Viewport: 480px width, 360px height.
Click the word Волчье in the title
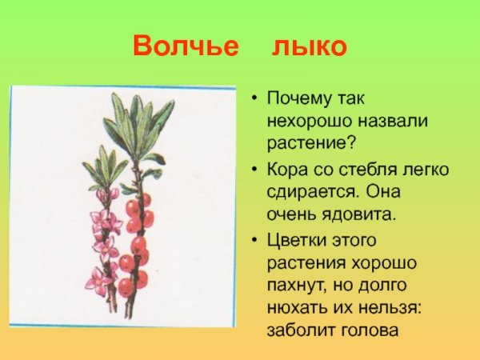pos(186,46)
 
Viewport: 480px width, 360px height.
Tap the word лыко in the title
pos(309,46)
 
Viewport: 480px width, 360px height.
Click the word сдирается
pos(313,192)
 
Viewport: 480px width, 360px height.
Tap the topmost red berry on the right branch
pos(145,200)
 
